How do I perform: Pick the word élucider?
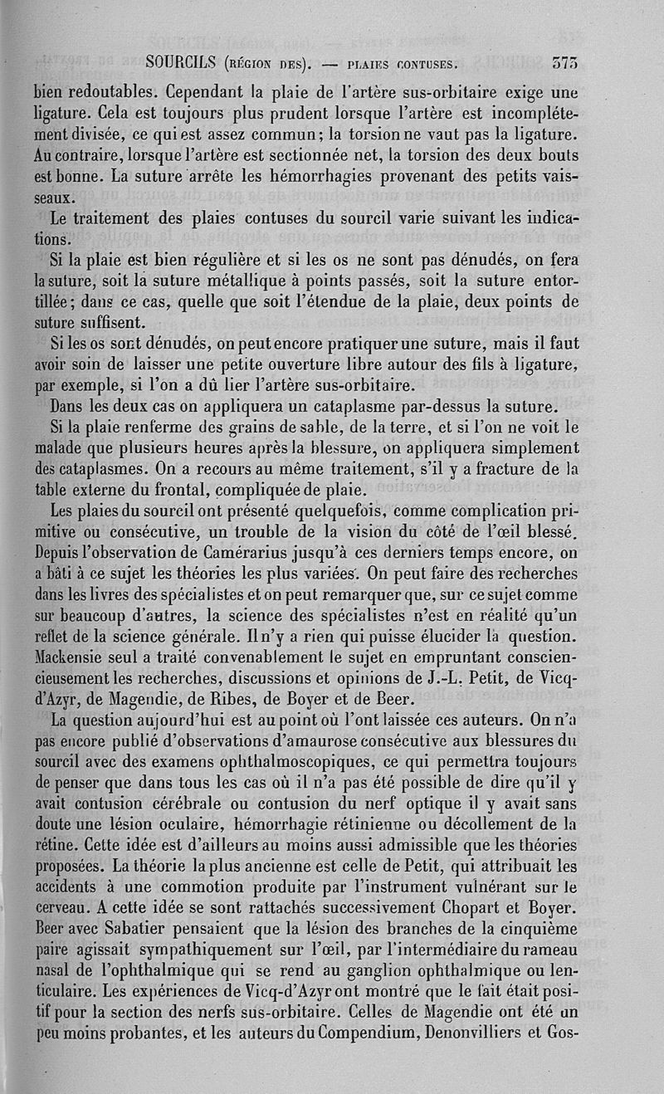444,636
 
